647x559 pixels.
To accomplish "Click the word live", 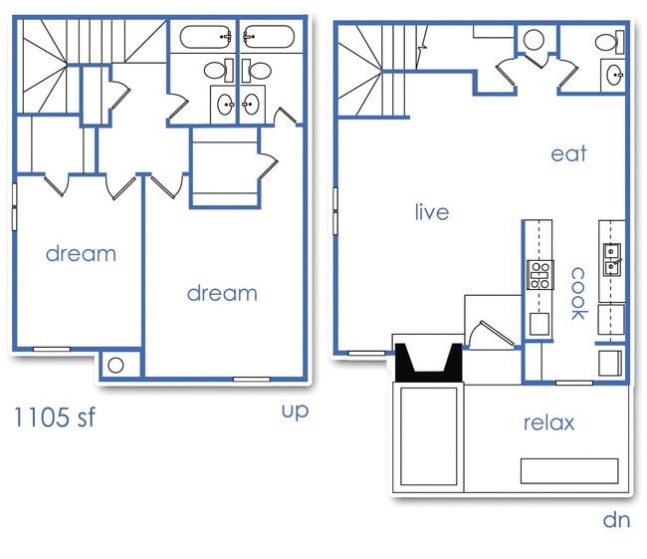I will pyautogui.click(x=432, y=212).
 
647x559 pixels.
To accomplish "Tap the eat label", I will pyautogui.click(x=568, y=153).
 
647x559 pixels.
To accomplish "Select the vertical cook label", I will pyautogui.click(x=577, y=292).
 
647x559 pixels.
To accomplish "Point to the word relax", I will pyautogui.click(x=548, y=422).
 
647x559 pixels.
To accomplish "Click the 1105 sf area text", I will pyautogui.click(x=55, y=417).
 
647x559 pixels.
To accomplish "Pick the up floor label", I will pyautogui.click(x=295, y=410).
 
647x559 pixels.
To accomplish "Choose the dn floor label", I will pyautogui.click(x=616, y=519).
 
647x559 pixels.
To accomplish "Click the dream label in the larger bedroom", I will pyautogui.click(x=222, y=293).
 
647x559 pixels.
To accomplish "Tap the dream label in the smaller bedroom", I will pyautogui.click(x=81, y=253).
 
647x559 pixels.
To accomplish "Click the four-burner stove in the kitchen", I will pyautogui.click(x=539, y=274).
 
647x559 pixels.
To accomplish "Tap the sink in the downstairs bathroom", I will pyautogui.click(x=613, y=74).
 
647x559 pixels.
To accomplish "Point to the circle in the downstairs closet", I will pyautogui.click(x=533, y=41).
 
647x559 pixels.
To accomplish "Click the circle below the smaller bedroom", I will pyautogui.click(x=115, y=366).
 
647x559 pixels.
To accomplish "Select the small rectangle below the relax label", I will pyautogui.click(x=569, y=470).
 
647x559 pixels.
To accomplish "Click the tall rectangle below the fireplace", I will pyautogui.click(x=428, y=436).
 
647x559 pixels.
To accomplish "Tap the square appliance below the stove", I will pyautogui.click(x=539, y=323).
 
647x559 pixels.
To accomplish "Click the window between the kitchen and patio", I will pyautogui.click(x=572, y=383).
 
